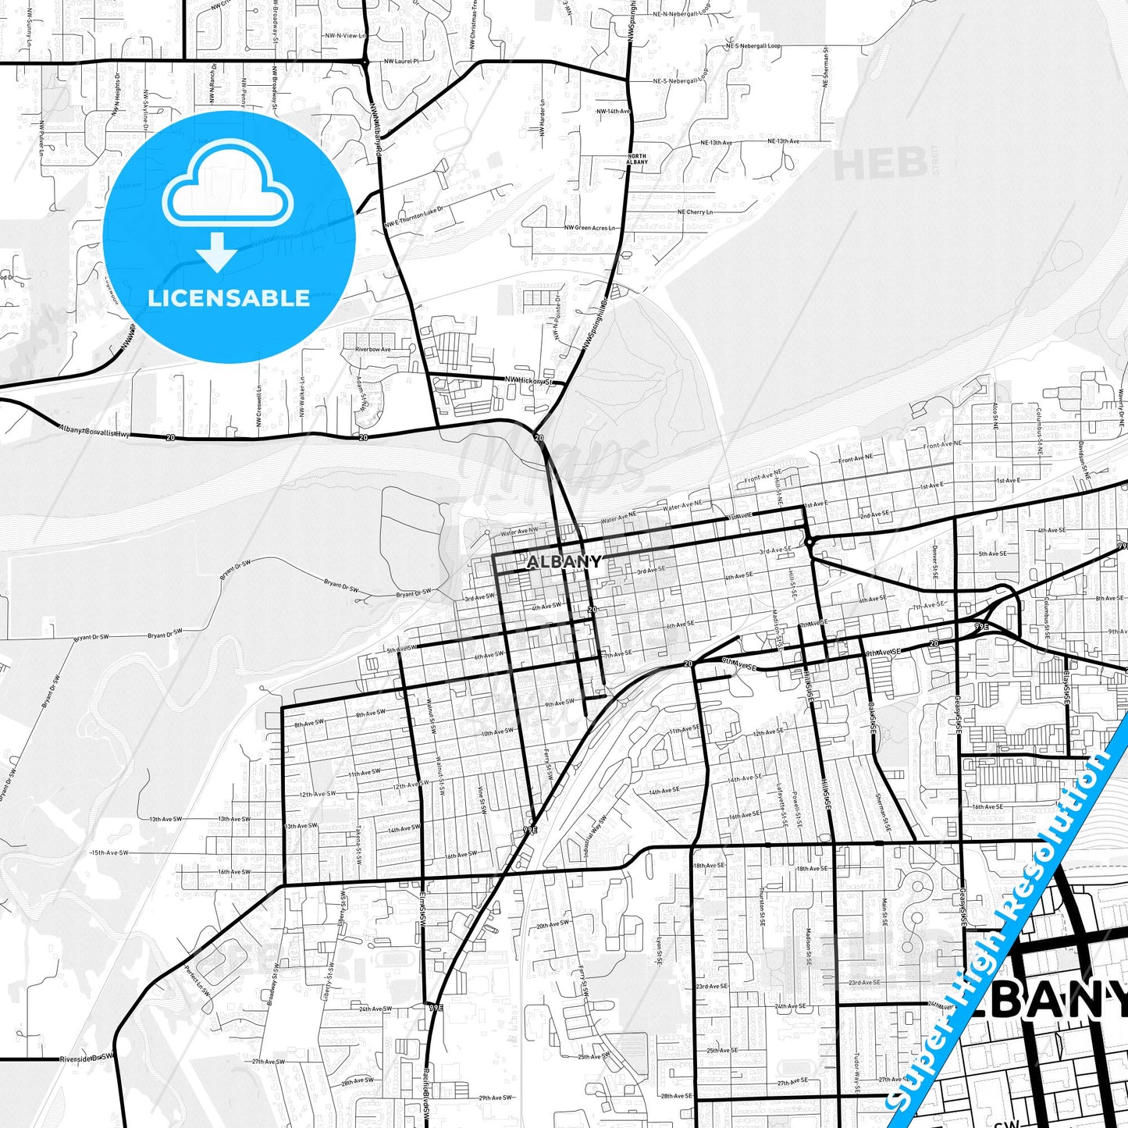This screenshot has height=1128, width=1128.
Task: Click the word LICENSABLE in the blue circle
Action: [x=229, y=298]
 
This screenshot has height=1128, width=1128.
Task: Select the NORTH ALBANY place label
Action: [x=637, y=158]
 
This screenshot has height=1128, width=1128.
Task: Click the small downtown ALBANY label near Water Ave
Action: [x=564, y=561]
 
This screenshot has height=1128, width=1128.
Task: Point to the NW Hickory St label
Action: [x=528, y=380]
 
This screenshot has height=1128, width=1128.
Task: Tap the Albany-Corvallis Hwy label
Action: [x=94, y=431]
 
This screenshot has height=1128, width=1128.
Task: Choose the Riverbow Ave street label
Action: [x=373, y=349]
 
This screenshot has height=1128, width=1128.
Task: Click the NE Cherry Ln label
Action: [x=695, y=212]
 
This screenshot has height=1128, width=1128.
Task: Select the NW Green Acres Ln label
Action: [x=590, y=228]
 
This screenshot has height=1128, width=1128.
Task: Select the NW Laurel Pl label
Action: [x=401, y=60]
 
